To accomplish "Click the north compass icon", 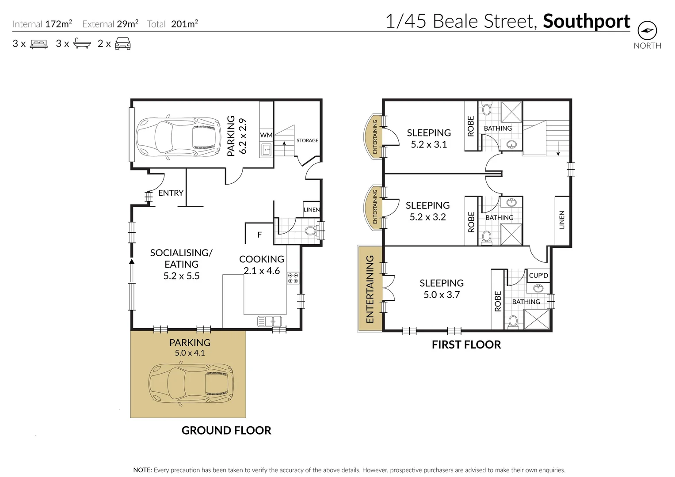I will [647, 30].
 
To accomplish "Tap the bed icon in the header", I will [38, 44].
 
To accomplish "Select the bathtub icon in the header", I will [82, 44].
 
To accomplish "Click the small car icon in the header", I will [122, 44].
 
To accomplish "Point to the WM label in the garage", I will [266, 135].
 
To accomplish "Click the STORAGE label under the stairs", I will [307, 140].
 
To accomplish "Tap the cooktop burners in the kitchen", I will [293, 278].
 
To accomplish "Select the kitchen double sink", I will [270, 321].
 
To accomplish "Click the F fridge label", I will [259, 235].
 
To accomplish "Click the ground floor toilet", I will [311, 231].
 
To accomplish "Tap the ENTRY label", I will [171, 193].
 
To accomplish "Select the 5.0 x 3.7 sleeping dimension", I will [442, 295].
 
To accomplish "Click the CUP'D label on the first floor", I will [538, 276].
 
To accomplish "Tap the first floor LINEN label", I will [562, 220].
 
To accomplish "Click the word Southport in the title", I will [586, 21].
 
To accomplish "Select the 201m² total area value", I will [184, 24].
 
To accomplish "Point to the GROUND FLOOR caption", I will [226, 430].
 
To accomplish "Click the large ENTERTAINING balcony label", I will [370, 289].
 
